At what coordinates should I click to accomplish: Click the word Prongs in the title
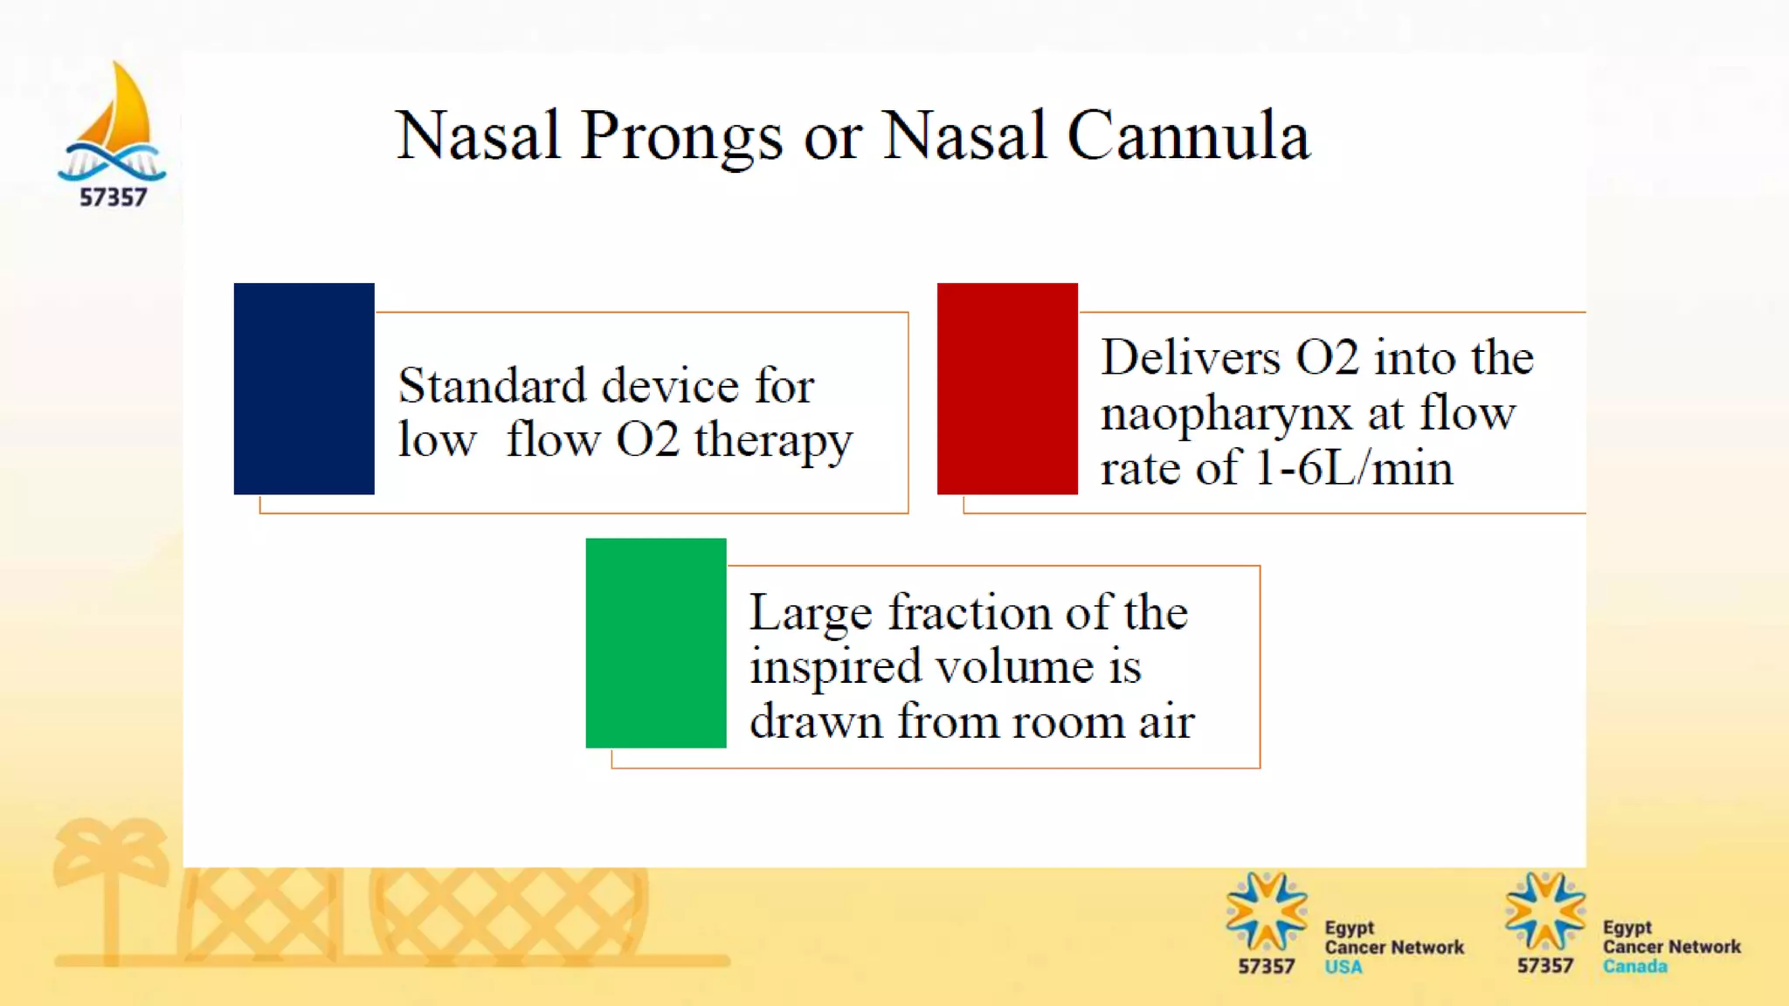click(x=680, y=137)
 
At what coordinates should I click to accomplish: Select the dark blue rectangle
click(x=304, y=389)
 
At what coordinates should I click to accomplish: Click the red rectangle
click(x=1007, y=389)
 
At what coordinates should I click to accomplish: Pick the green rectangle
click(x=655, y=643)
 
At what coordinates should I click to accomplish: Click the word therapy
click(x=773, y=441)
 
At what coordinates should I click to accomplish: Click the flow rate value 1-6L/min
click(x=1354, y=469)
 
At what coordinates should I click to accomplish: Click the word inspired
click(x=836, y=668)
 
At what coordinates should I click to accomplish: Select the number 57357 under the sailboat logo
click(x=114, y=197)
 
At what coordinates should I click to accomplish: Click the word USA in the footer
click(x=1343, y=968)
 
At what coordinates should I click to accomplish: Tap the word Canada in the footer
click(x=1634, y=967)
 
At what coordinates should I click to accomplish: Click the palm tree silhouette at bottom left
click(x=111, y=882)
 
